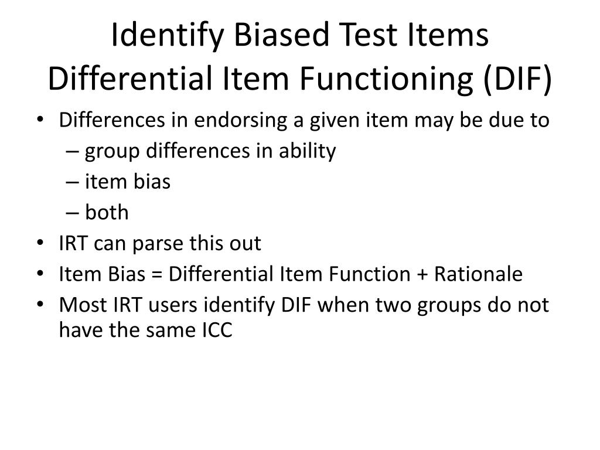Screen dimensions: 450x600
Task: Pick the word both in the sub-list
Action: [x=107, y=212]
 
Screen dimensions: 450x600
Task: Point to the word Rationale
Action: [x=478, y=274]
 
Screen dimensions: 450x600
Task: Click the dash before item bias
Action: [x=74, y=182]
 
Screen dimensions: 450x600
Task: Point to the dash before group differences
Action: [x=74, y=152]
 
